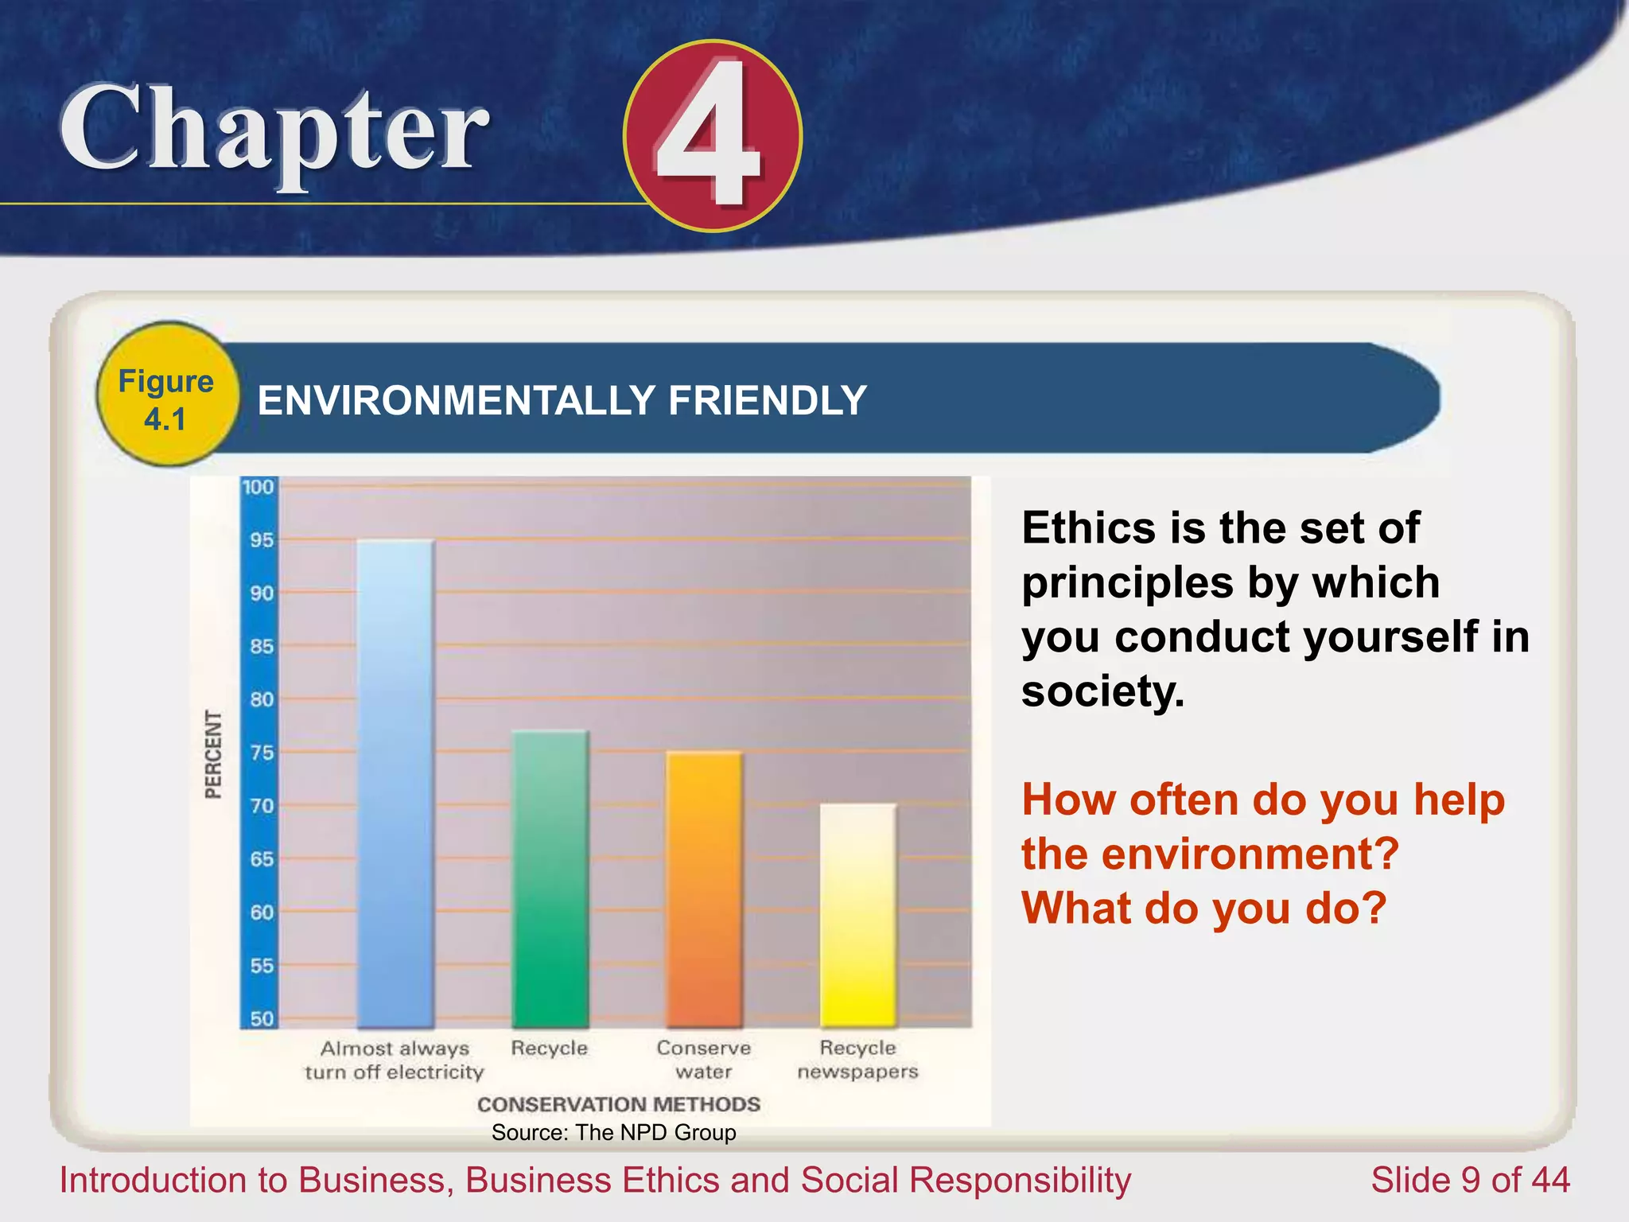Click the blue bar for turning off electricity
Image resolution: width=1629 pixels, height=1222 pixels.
[x=395, y=784]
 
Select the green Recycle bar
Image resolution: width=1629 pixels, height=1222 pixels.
[x=550, y=879]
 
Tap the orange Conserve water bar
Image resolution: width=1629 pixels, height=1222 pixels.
[x=704, y=889]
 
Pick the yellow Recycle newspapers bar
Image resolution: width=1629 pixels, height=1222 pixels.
[x=857, y=915]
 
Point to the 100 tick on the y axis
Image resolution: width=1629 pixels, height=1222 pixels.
[x=259, y=487]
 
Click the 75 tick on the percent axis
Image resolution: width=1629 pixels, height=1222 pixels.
[x=261, y=753]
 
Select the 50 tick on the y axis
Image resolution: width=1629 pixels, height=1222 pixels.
[x=261, y=1018]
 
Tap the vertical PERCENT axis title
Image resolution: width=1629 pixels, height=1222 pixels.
[x=213, y=754]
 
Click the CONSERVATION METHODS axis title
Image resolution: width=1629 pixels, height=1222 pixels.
[x=618, y=1104]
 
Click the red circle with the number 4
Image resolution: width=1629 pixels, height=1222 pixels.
[x=712, y=135]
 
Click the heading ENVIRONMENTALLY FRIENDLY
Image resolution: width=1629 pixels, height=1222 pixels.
[x=562, y=400]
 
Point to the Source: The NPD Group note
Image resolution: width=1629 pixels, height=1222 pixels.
[x=613, y=1132]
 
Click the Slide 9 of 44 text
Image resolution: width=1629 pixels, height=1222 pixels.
[x=1470, y=1180]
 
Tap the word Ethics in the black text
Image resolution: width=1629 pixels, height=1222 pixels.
[x=1088, y=528]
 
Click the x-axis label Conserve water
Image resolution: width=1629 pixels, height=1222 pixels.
[x=704, y=1060]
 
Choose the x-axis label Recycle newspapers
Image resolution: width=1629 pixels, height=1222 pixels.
[x=857, y=1060]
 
